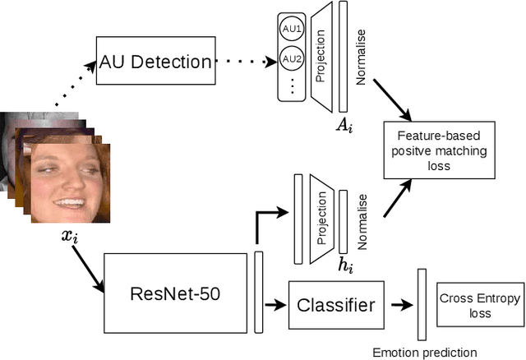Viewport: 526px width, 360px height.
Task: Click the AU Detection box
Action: [155, 60]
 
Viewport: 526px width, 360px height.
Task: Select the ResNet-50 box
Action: [175, 292]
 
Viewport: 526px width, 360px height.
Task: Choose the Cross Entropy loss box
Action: [480, 306]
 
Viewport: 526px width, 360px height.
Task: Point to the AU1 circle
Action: [291, 28]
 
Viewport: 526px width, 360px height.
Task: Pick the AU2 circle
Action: [291, 59]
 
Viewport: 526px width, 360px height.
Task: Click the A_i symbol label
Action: [344, 125]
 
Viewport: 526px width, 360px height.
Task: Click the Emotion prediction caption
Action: [424, 352]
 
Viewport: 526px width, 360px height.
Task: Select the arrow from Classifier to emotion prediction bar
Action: [399, 305]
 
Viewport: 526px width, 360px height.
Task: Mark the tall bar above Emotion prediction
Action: [422, 304]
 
